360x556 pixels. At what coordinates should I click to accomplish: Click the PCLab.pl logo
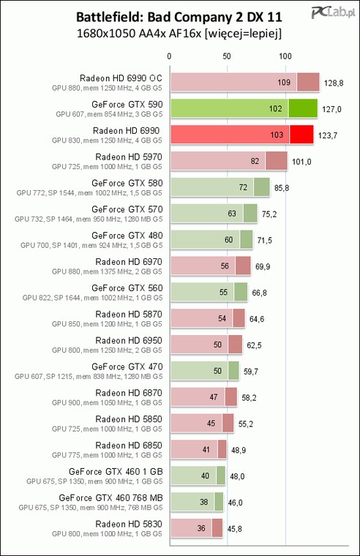(333, 13)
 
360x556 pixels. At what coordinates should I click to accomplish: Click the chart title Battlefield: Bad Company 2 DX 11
(179, 17)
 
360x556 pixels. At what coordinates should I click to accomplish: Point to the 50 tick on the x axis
(227, 56)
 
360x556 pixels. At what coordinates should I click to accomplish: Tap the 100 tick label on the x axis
(285, 56)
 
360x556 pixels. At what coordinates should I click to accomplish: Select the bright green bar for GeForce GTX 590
(244, 108)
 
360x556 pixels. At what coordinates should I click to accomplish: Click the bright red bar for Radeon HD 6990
(242, 135)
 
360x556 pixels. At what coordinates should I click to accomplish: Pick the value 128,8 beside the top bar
(334, 83)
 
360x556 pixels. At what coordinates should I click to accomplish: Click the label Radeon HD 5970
(129, 157)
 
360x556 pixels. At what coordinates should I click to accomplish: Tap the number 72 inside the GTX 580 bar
(243, 187)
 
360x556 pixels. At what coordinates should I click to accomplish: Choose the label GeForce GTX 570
(127, 209)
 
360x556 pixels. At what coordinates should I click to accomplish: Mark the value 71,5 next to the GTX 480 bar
(265, 241)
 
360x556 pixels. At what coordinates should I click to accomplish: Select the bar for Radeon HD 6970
(211, 266)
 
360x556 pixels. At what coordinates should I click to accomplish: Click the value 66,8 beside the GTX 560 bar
(259, 293)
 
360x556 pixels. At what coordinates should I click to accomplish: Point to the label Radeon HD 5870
(129, 314)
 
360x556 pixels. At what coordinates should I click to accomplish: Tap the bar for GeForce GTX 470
(205, 371)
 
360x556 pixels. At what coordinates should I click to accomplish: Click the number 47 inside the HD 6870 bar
(214, 397)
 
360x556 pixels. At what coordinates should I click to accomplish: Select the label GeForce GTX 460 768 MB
(110, 498)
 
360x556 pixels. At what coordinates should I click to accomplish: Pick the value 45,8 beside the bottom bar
(234, 529)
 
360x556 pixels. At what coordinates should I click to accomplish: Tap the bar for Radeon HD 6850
(198, 449)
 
